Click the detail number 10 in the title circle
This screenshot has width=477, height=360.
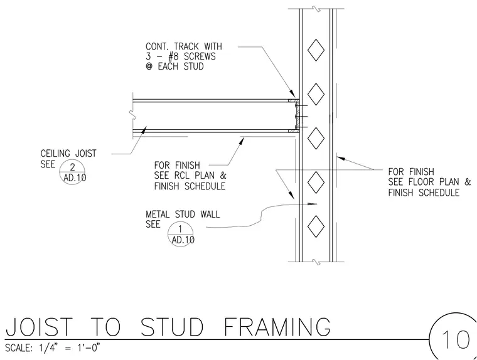pos(456,339)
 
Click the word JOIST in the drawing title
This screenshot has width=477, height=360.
pos(40,327)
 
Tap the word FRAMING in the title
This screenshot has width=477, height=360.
pos(277,327)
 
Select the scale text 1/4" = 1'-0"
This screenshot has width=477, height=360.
pos(70,347)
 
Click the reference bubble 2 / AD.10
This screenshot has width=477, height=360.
pos(72,171)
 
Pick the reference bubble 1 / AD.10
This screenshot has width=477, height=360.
pos(181,234)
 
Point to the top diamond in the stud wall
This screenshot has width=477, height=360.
pos(316,50)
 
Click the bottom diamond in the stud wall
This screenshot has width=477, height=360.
pos(316,226)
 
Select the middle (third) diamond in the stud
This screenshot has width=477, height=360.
pos(316,139)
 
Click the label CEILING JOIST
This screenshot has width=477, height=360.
pos(68,154)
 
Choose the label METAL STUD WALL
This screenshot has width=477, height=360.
pos(183,214)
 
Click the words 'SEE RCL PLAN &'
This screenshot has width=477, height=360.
pos(190,176)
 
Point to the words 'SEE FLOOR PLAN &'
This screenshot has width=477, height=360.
pos(429,182)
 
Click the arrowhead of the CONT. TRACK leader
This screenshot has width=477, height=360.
pos(292,93)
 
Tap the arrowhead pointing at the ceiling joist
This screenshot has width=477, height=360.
pos(144,130)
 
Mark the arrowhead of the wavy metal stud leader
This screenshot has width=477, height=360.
pos(313,204)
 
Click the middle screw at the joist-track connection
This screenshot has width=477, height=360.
pos(301,117)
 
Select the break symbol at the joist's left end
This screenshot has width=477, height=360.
pos(132,115)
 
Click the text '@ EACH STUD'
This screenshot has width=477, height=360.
pos(174,66)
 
